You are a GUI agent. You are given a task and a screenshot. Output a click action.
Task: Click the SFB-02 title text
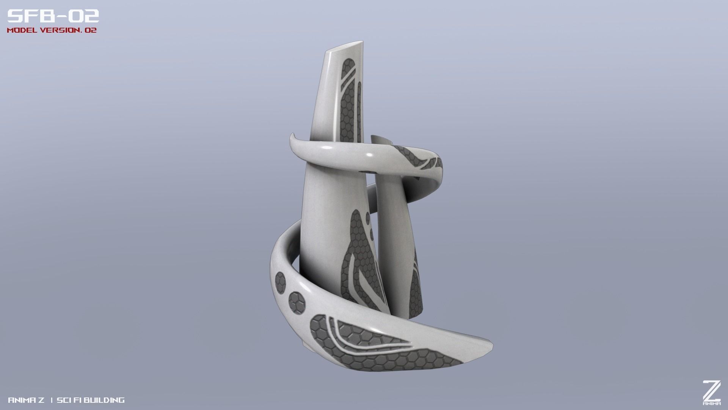(x=53, y=16)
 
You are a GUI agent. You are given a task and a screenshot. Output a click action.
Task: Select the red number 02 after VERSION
(x=91, y=30)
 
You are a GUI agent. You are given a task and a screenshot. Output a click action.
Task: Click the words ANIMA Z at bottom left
(x=26, y=400)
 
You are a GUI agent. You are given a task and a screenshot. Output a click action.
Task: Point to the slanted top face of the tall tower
(x=346, y=47)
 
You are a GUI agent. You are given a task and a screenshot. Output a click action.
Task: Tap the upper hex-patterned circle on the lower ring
(x=281, y=282)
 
